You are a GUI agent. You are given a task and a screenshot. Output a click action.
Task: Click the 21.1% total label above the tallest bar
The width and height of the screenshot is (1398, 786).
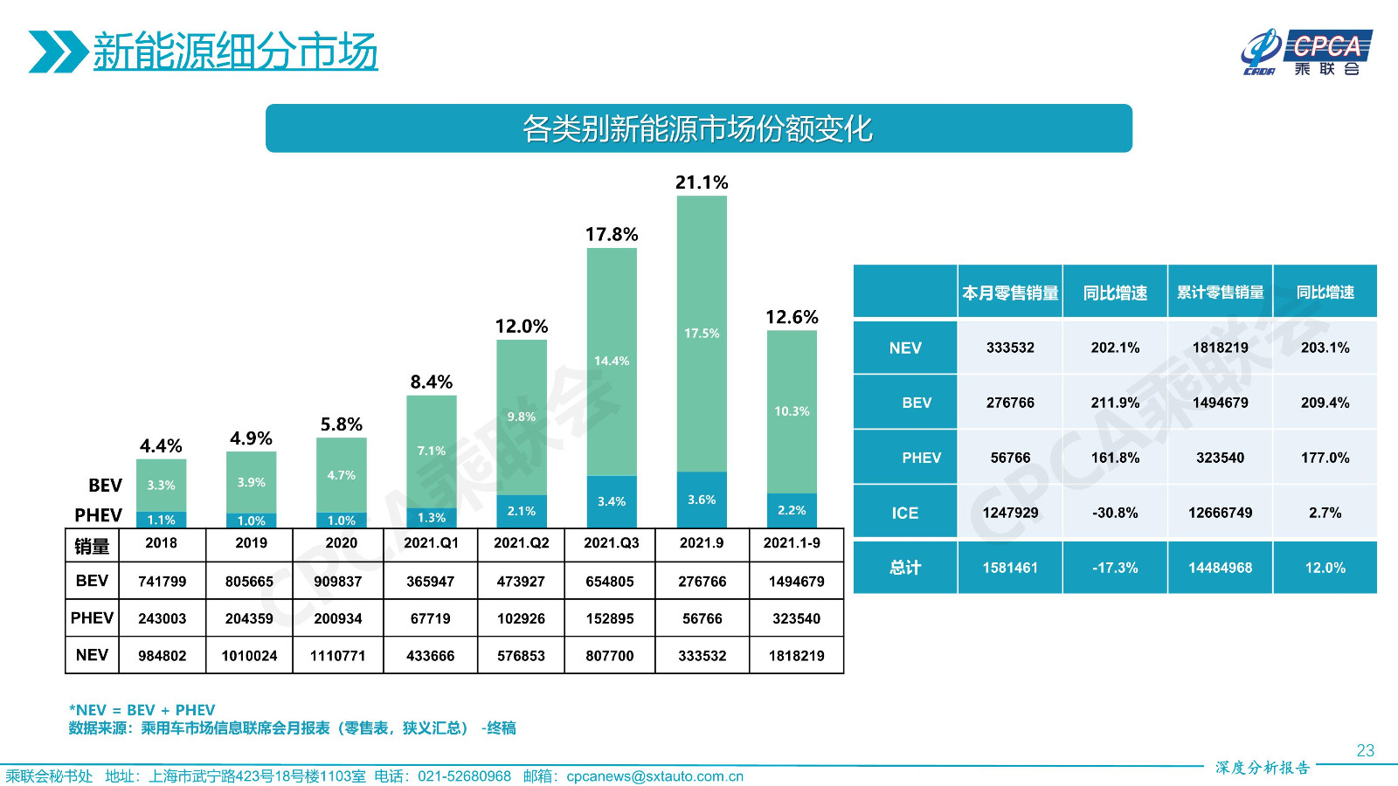pos(701,183)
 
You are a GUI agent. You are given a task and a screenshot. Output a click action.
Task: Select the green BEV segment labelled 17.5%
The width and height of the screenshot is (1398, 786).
pos(702,334)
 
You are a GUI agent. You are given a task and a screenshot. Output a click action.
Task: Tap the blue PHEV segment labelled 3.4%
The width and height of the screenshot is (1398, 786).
pos(612,501)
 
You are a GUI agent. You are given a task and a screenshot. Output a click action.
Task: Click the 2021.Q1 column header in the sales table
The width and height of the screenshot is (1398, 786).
pos(431,543)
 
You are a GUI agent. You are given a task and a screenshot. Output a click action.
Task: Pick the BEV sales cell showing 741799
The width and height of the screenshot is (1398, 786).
pos(163,582)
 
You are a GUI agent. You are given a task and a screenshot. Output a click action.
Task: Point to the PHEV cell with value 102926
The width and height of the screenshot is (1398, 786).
pos(521,619)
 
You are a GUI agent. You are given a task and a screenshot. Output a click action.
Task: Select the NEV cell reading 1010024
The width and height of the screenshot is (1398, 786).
pos(249,656)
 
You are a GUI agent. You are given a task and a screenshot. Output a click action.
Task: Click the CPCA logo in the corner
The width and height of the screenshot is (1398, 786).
pos(1306,52)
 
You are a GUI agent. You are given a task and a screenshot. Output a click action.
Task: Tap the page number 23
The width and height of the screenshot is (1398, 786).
pos(1365,751)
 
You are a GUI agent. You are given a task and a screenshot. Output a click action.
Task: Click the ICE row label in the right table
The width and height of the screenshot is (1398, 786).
pos(905,514)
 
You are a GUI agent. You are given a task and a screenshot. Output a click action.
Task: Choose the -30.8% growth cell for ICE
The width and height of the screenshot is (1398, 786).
pos(1115,514)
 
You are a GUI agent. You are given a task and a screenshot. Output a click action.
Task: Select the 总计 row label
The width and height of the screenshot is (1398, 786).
pos(905,568)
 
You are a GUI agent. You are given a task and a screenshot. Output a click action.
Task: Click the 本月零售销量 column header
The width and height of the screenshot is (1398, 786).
pos(1010,293)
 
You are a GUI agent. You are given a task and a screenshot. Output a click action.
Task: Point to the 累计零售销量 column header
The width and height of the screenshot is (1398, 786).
pos(1220,293)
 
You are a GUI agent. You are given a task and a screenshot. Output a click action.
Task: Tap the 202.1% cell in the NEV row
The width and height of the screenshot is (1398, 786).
pos(1115,348)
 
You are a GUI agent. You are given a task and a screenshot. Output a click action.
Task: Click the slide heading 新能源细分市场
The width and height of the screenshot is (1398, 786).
pos(235,52)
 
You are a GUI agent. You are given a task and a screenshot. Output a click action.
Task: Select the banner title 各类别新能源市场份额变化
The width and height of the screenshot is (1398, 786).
pos(698,129)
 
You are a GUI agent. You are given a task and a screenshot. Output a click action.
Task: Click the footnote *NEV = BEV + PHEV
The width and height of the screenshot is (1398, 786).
pos(142,710)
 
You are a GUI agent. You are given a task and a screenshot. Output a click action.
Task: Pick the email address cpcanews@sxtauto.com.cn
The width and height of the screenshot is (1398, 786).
pos(654,776)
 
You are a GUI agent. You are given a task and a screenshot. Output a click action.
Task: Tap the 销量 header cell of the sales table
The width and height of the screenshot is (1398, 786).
pos(92,547)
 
